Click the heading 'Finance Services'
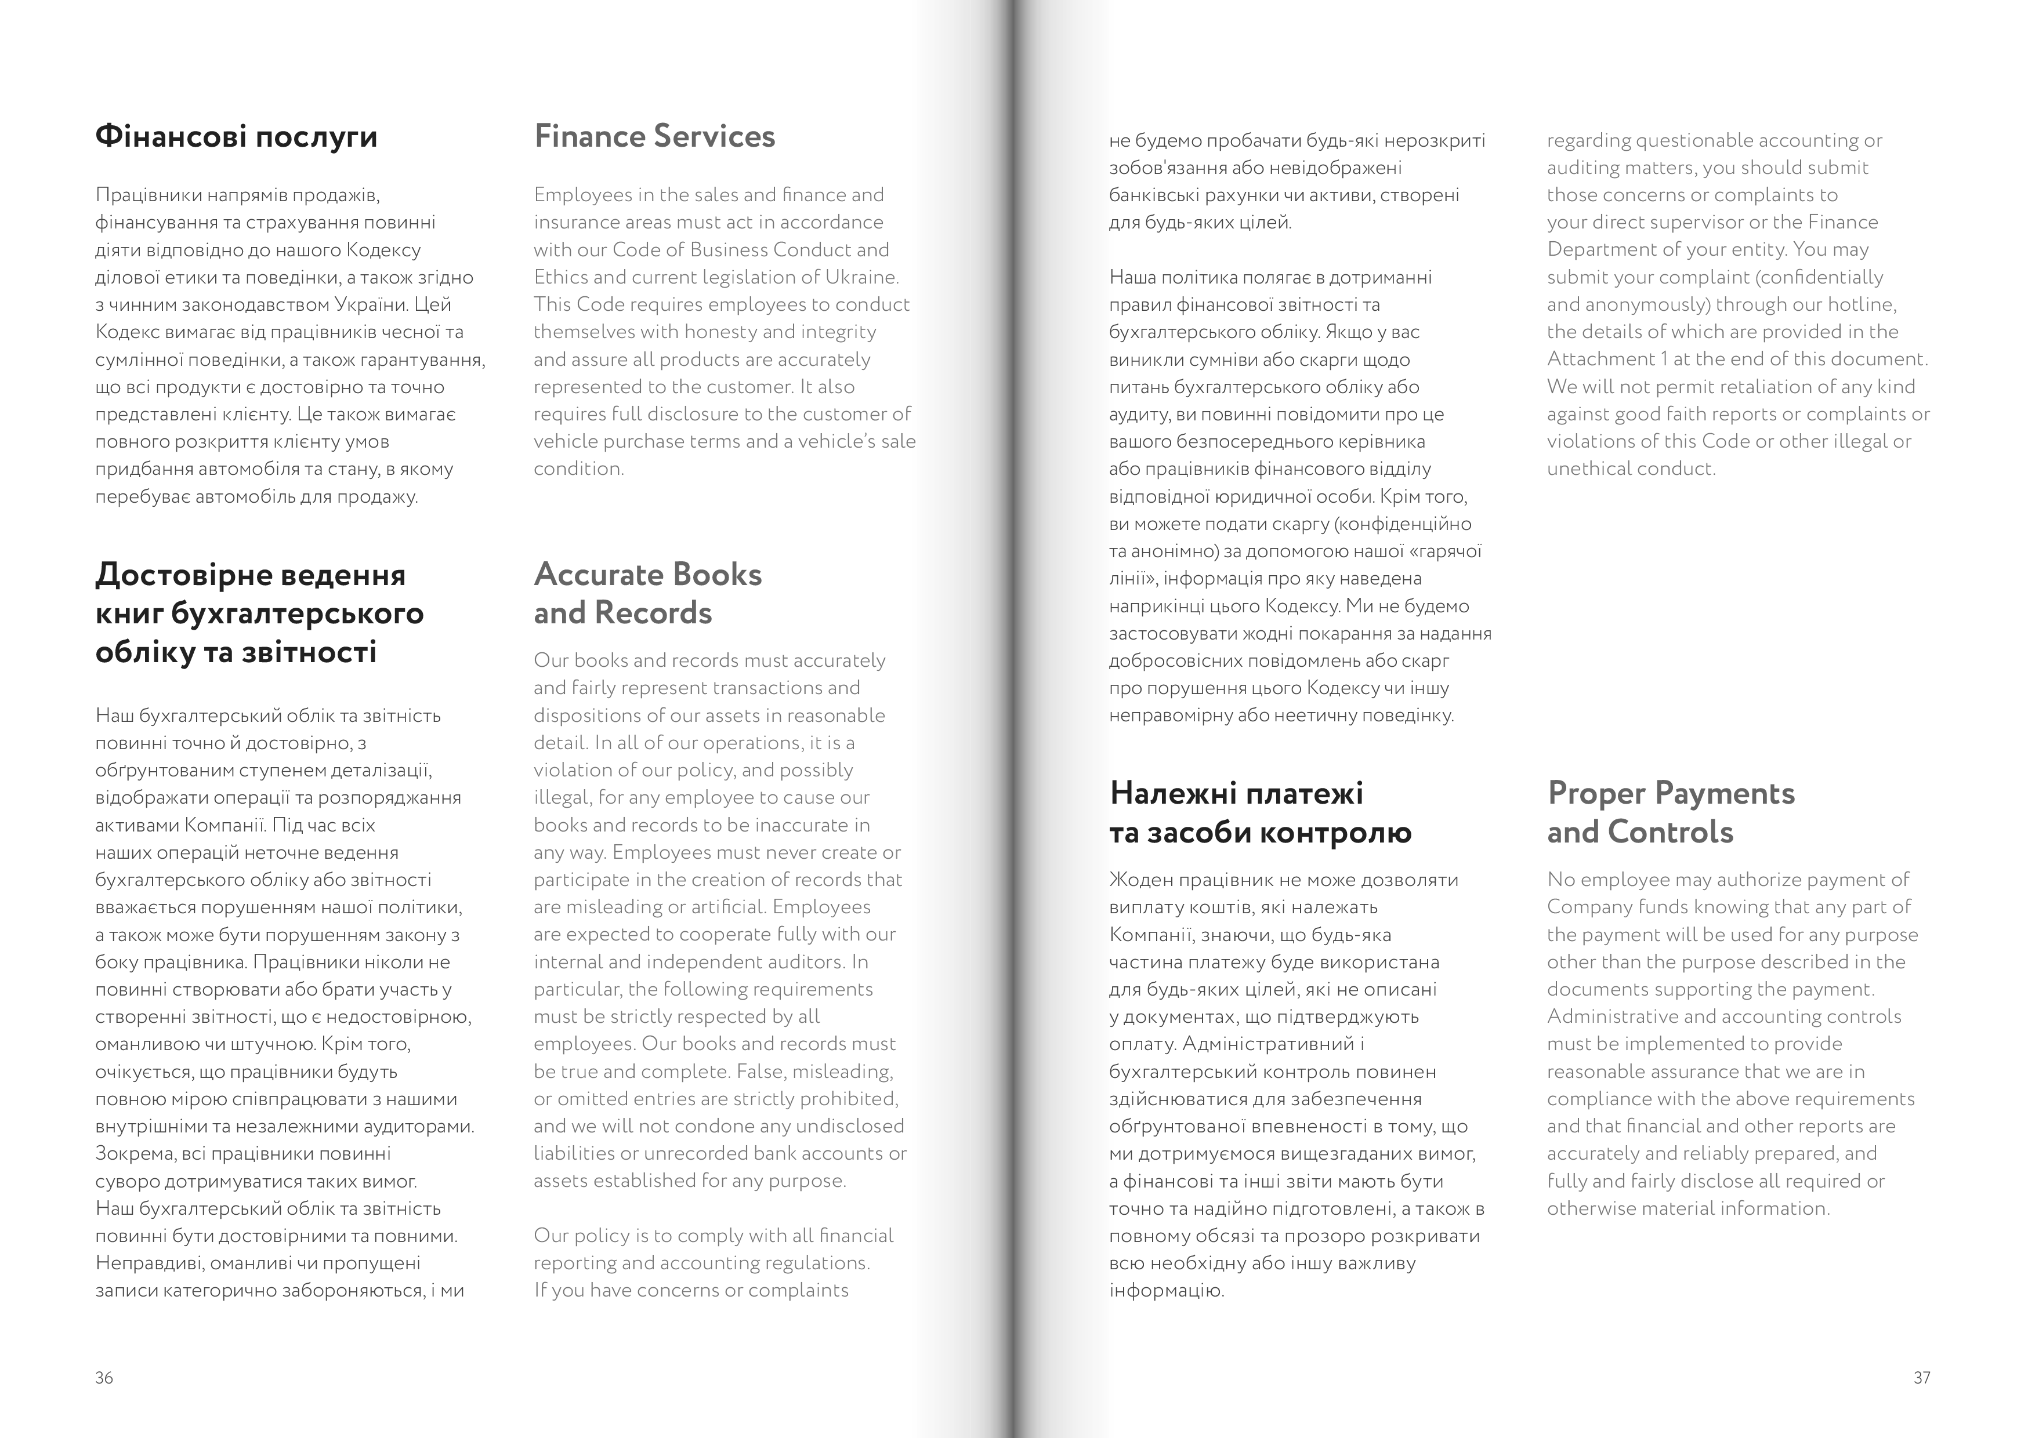coord(654,136)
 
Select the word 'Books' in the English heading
coord(716,575)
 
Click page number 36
coord(104,1378)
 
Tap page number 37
coord(1922,1378)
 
